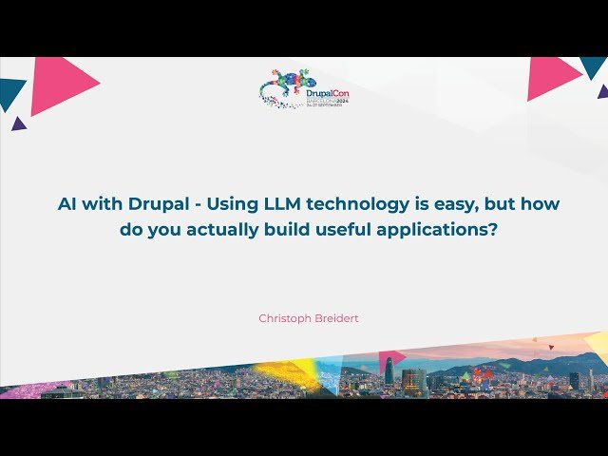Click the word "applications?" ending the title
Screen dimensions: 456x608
pos(439,229)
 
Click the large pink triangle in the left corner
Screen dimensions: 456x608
pos(56,84)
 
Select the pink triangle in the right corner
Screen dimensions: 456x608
pos(551,76)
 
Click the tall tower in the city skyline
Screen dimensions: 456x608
pos(389,370)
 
